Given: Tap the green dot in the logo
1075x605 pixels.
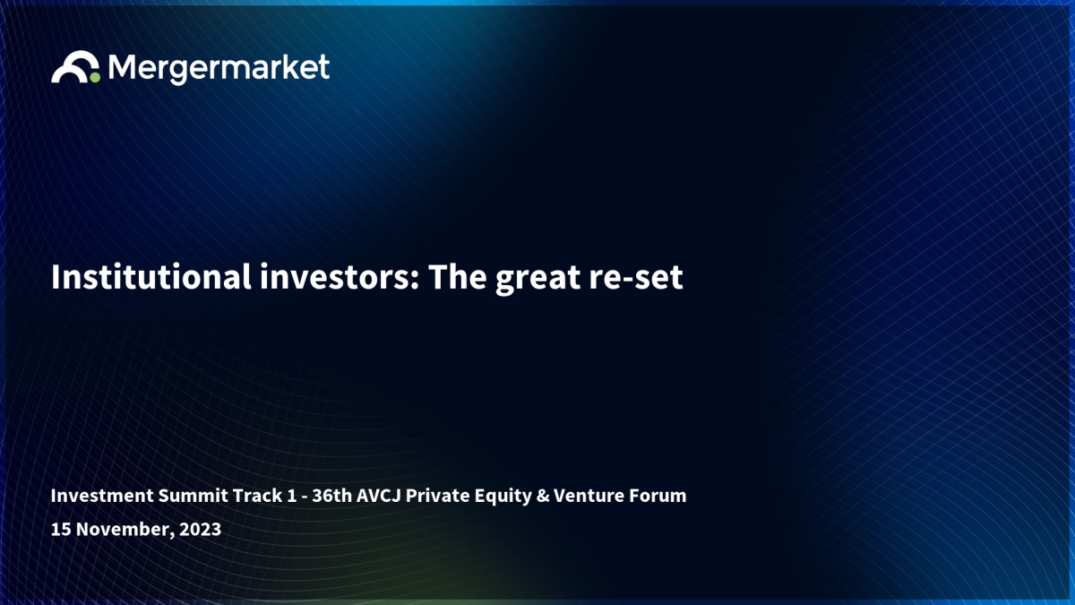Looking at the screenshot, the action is [x=95, y=77].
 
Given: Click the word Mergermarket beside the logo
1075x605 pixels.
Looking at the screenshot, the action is [x=219, y=69].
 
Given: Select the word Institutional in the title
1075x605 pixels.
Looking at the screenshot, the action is [x=151, y=277].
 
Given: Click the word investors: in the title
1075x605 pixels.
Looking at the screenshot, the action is [x=340, y=277].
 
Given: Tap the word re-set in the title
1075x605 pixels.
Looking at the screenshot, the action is [x=636, y=279].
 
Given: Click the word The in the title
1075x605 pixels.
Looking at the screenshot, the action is [x=458, y=277].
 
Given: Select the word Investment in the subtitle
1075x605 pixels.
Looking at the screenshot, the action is [x=102, y=495].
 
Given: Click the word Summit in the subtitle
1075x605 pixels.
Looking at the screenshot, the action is [x=193, y=495].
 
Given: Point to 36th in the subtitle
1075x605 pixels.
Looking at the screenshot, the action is [x=332, y=495].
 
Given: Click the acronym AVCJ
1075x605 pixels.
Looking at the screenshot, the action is [x=379, y=495].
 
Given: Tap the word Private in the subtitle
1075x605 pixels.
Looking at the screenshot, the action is [x=437, y=495].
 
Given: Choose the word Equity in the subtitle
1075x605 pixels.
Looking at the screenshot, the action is [x=503, y=497].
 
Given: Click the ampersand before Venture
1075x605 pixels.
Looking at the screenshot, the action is [x=543, y=495].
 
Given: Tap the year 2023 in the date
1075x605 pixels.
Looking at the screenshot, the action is [x=200, y=529].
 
